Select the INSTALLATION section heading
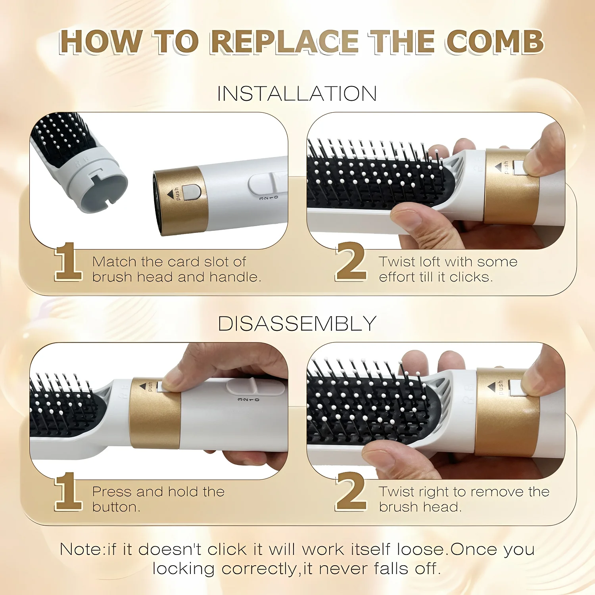click(297, 94)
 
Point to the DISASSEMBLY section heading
click(297, 324)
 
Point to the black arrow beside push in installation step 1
click(171, 194)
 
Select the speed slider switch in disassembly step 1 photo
click(254, 386)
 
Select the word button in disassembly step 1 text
click(116, 507)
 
